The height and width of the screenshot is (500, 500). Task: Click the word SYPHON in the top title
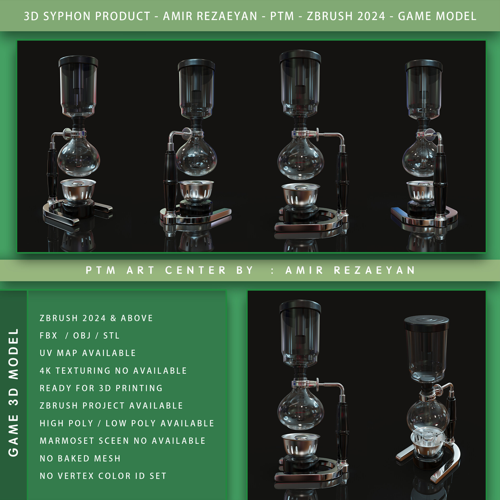click(x=67, y=16)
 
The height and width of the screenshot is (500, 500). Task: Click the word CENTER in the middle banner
click(x=195, y=270)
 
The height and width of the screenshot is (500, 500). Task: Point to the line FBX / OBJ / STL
click(x=79, y=335)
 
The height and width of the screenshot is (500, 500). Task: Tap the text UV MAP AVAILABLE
click(x=88, y=353)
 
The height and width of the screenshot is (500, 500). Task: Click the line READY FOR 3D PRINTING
click(x=101, y=388)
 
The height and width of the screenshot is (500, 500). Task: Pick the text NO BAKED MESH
click(x=80, y=458)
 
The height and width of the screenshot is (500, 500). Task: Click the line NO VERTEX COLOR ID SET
click(x=103, y=476)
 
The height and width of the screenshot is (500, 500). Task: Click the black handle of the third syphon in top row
click(x=342, y=180)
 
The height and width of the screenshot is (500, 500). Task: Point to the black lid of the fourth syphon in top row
click(x=424, y=66)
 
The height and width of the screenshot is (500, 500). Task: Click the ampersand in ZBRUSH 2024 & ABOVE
click(x=113, y=318)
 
